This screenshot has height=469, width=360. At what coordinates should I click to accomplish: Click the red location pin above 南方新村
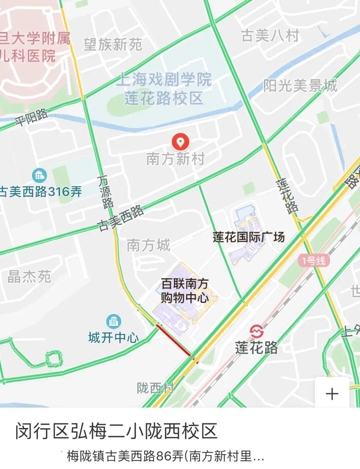(180, 142)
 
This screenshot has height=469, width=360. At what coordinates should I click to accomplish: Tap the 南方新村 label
(175, 159)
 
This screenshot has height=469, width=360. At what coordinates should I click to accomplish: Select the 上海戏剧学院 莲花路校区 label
(164, 89)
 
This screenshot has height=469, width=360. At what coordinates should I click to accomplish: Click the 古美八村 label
(270, 36)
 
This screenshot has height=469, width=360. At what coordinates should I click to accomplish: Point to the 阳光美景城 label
(300, 86)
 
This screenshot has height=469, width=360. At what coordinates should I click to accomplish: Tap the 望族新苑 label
(113, 44)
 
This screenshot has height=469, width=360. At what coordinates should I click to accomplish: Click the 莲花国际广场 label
(249, 237)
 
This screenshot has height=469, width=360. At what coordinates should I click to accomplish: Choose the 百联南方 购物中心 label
(185, 291)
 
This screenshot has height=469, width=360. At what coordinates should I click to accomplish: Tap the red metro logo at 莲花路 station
(257, 331)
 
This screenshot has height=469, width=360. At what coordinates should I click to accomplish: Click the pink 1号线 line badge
(314, 260)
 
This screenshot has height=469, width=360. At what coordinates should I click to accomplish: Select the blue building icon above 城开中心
(113, 321)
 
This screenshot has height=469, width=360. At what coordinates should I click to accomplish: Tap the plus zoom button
(332, 394)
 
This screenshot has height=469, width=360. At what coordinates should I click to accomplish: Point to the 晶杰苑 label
(29, 277)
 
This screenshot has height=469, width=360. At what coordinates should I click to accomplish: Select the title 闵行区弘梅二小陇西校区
(116, 431)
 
